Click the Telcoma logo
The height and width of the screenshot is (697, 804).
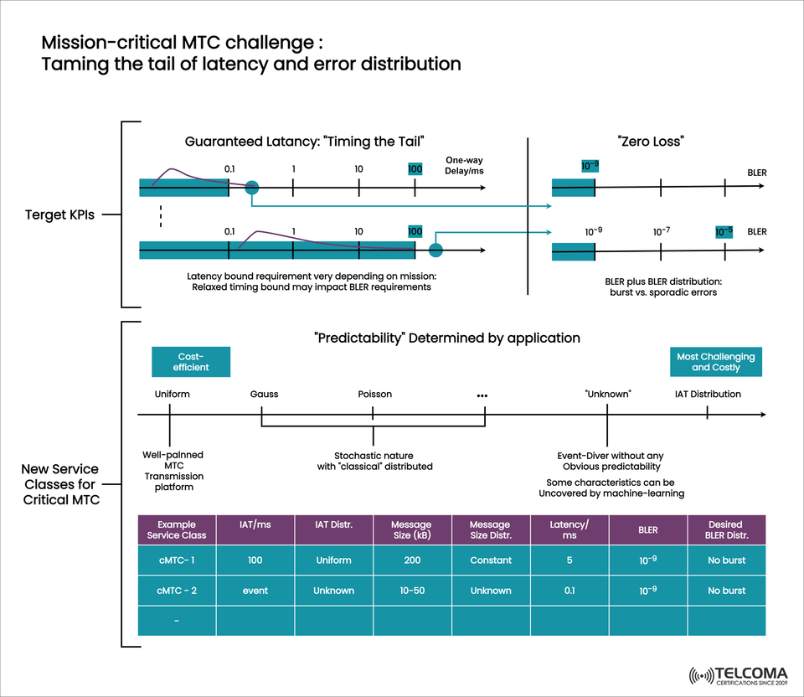click(x=740, y=675)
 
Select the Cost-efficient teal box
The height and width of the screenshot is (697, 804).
click(x=191, y=362)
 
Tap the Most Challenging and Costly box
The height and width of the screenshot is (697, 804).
click(x=716, y=362)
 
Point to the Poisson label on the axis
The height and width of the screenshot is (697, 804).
click(x=374, y=394)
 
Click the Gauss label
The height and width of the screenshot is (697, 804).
click(x=264, y=394)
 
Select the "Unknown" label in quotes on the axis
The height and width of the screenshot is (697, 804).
click(x=608, y=394)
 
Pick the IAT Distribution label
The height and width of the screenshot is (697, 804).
click(x=708, y=394)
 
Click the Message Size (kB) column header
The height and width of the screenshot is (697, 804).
click(x=413, y=530)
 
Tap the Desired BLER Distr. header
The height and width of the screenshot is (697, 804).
click(x=726, y=530)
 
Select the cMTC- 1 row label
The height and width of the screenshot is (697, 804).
click(x=177, y=560)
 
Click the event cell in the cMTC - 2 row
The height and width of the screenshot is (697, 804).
click(x=255, y=591)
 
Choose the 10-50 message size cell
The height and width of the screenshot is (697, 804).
click(x=413, y=591)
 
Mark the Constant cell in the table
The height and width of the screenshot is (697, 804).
click(x=491, y=560)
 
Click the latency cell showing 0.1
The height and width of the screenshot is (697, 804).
click(x=569, y=591)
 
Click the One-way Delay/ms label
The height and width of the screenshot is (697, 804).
click(x=465, y=165)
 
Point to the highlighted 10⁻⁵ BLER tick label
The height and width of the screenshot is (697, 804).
click(x=724, y=231)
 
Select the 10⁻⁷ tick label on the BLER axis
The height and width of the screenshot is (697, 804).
click(x=662, y=231)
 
